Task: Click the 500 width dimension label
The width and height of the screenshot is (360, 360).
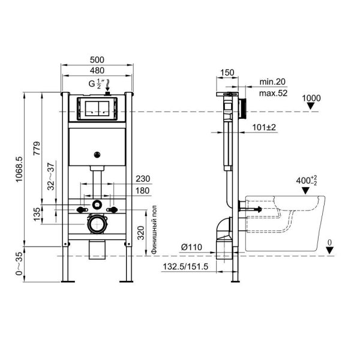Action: click(x=97, y=59)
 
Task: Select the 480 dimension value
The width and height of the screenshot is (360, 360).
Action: click(x=97, y=70)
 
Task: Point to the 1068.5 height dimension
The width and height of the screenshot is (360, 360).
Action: click(x=19, y=169)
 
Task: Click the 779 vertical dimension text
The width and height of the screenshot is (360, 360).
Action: click(x=37, y=149)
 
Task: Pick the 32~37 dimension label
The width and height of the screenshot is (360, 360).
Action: click(x=51, y=176)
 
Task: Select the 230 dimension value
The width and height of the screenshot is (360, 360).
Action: click(x=143, y=179)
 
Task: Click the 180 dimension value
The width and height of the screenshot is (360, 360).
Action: click(x=142, y=191)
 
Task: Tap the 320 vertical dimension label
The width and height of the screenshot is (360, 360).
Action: click(x=141, y=233)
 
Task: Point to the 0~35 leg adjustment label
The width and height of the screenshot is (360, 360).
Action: click(x=19, y=263)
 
